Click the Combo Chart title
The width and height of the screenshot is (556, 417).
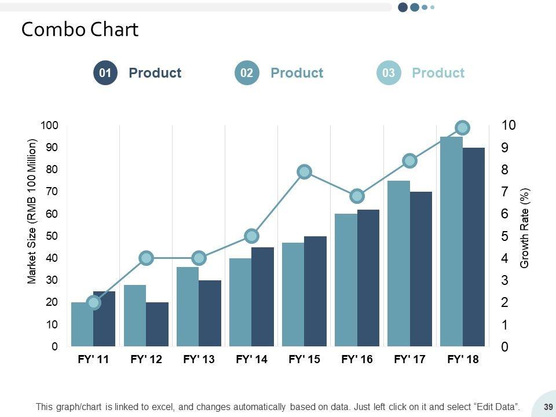[80, 30]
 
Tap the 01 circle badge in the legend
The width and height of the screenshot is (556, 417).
[105, 73]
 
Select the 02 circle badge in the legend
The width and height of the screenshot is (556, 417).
[247, 73]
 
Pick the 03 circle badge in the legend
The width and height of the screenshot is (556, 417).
[389, 73]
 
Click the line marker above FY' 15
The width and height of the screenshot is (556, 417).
[305, 171]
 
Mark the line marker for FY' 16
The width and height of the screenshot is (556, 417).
[357, 196]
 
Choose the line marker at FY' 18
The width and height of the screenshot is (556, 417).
[462, 127]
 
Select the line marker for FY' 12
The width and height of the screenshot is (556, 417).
[147, 258]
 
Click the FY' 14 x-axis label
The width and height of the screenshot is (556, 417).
[252, 360]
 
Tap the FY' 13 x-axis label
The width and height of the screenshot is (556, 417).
[199, 360]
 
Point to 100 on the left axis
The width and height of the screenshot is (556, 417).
[49, 126]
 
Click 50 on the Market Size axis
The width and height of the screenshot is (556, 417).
[52, 236]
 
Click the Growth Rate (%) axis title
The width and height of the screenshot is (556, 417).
[525, 228]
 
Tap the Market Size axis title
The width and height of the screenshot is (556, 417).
[32, 211]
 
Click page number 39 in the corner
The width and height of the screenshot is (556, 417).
[547, 407]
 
